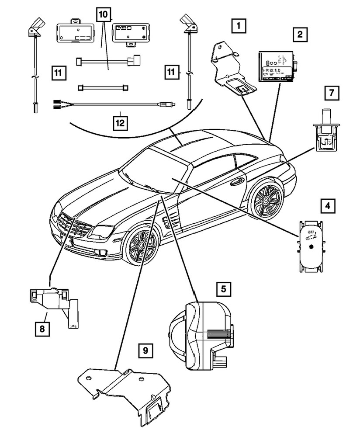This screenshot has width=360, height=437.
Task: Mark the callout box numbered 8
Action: point(42,328)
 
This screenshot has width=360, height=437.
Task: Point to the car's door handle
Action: point(239,180)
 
